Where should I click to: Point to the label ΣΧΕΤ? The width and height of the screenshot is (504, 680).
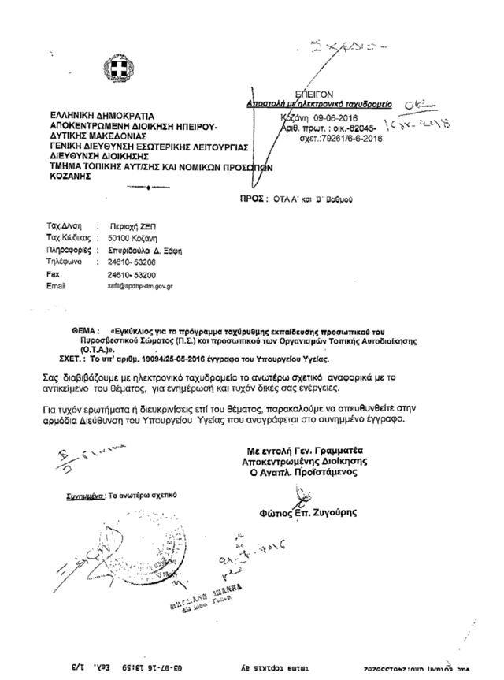[72, 356]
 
